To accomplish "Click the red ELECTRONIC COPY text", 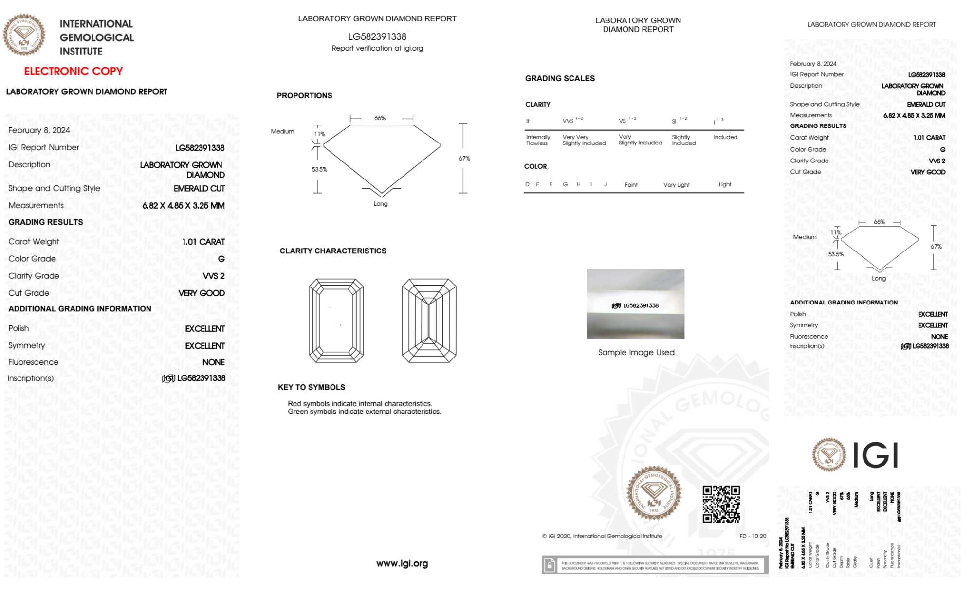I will pyautogui.click(x=74, y=72).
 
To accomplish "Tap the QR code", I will pyautogui.click(x=721, y=504).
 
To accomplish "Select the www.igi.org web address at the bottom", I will pyautogui.click(x=402, y=563).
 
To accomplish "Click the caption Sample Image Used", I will pyautogui.click(x=636, y=352).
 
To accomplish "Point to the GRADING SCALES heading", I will pyautogui.click(x=560, y=78).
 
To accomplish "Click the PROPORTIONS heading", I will pyautogui.click(x=304, y=96).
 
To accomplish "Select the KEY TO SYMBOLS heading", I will pyautogui.click(x=312, y=387).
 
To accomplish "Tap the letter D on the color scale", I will pyautogui.click(x=527, y=184).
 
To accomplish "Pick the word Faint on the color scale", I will pyautogui.click(x=631, y=185).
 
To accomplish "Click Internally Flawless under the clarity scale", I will pyautogui.click(x=538, y=140).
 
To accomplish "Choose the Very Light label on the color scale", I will pyautogui.click(x=676, y=185).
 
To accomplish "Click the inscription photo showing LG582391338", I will pyautogui.click(x=635, y=304).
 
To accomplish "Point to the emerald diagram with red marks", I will pyautogui.click(x=336, y=321).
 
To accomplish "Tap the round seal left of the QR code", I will pyautogui.click(x=654, y=493).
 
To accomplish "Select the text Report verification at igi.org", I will pyautogui.click(x=377, y=48).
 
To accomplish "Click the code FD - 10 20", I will pyautogui.click(x=753, y=536).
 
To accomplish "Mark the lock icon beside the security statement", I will pyautogui.click(x=550, y=565).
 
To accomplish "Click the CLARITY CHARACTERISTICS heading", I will pyautogui.click(x=333, y=251).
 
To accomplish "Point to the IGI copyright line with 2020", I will pyautogui.click(x=602, y=536).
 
